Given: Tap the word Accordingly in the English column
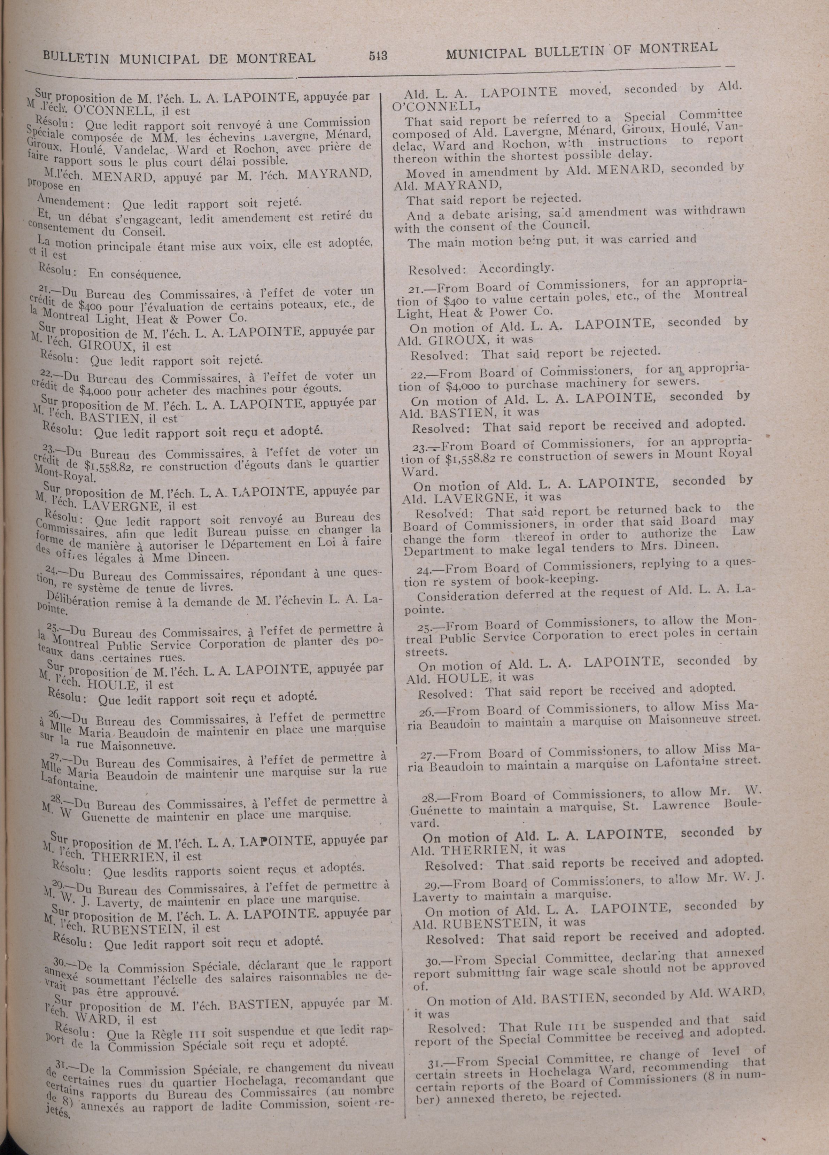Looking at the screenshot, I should (515, 268).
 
